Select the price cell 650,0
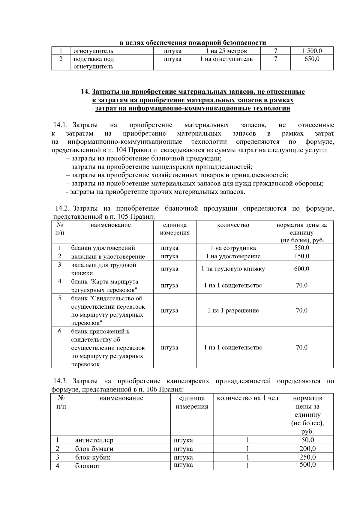(x=312, y=59)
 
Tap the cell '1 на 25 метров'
(x=226, y=51)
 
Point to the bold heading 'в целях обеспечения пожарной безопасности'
(x=193, y=43)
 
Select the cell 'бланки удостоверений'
(x=103, y=248)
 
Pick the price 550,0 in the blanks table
(x=301, y=248)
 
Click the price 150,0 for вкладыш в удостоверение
(x=301, y=256)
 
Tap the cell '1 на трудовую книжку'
(x=233, y=269)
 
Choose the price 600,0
(x=301, y=269)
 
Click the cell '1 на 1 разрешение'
(x=233, y=310)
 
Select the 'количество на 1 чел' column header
(x=247, y=398)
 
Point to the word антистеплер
(x=94, y=440)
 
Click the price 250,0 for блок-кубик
(x=307, y=457)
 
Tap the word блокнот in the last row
(x=88, y=466)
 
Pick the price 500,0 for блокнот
(x=307, y=465)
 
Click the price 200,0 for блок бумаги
(x=307, y=449)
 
